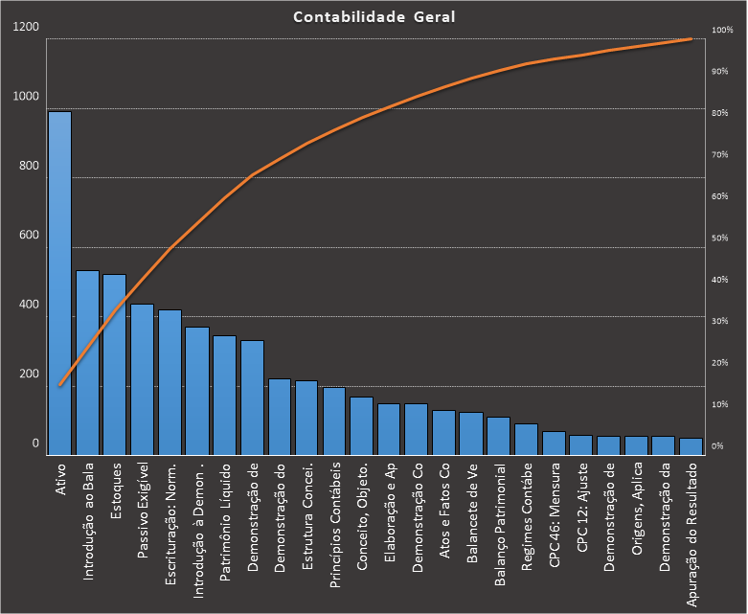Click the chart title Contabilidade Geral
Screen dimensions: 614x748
[374, 16]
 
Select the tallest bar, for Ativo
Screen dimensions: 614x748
[59, 283]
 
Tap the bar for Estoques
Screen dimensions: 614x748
[115, 364]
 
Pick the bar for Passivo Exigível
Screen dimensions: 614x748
[142, 379]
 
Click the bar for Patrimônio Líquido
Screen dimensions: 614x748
[224, 395]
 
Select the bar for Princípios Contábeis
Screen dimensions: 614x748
[334, 421]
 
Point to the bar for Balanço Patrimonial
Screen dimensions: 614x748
[498, 435]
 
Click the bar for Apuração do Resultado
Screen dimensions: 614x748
[691, 445]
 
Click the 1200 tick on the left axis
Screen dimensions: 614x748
[27, 27]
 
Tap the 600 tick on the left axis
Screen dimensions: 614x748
[29, 236]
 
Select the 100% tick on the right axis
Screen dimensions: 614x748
[721, 31]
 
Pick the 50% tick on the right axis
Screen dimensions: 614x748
[719, 239]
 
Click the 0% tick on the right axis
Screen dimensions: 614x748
[716, 446]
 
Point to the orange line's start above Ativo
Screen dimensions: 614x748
[59, 385]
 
